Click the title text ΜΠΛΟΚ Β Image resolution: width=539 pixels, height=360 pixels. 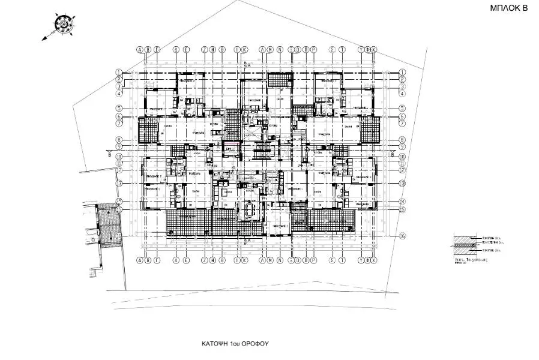click(x=508, y=10)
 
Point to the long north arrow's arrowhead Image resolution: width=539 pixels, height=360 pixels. click(x=44, y=38)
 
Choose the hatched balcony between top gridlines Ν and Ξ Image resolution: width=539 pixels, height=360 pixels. click(x=279, y=79)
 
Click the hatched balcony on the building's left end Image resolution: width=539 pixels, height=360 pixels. click(x=147, y=129)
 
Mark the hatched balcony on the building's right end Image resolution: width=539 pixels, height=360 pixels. click(x=370, y=129)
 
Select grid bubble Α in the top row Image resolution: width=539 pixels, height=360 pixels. click(x=140, y=50)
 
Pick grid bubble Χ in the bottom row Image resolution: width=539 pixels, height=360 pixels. click(x=375, y=261)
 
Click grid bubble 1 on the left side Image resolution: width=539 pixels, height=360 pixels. click(x=119, y=72)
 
